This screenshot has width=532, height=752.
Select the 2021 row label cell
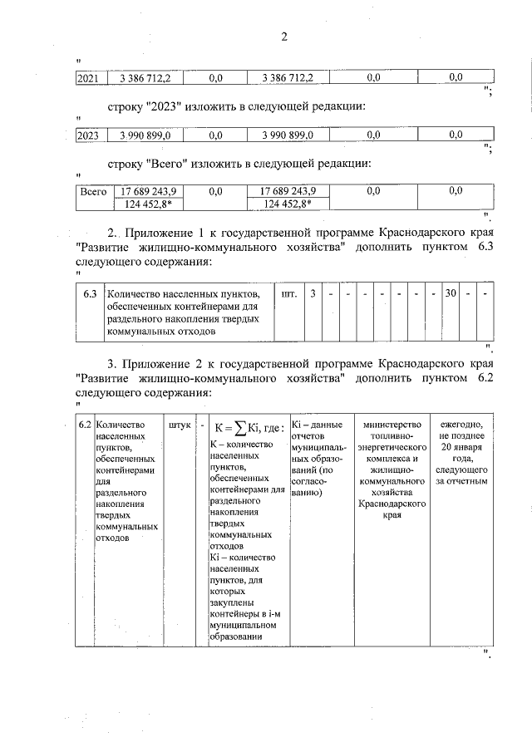[87, 78]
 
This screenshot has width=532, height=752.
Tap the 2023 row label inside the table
[87, 135]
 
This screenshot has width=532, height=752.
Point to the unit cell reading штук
[180, 425]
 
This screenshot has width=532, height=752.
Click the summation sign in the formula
[238, 427]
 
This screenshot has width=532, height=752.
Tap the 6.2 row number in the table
[84, 425]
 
